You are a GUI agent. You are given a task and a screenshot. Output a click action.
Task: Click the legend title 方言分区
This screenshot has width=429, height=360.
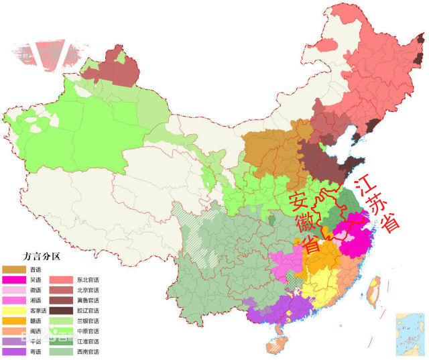(42, 257)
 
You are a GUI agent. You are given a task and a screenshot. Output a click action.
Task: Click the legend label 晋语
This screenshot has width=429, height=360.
(35, 269)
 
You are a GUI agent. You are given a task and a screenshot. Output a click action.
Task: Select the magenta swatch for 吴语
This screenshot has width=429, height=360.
(13, 280)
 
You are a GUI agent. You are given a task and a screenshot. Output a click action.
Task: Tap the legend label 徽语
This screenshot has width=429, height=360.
(35, 290)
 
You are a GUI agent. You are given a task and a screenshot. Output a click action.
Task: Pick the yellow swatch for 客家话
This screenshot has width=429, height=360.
(13, 310)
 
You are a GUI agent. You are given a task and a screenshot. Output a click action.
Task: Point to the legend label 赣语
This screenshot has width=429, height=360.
(35, 321)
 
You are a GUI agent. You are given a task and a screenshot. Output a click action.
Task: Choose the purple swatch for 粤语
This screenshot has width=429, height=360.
(13, 352)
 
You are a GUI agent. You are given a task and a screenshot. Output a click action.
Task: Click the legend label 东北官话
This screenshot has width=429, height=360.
(87, 280)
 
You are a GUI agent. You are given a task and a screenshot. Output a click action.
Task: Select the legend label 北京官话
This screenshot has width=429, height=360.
(87, 290)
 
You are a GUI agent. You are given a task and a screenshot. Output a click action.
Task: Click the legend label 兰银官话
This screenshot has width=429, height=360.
(87, 321)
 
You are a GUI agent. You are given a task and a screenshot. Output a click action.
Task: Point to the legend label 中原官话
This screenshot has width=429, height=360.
(87, 331)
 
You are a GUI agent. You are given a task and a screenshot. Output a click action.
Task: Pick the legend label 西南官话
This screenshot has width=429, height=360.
(87, 352)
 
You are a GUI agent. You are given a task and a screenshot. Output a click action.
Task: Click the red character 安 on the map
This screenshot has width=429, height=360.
(298, 200)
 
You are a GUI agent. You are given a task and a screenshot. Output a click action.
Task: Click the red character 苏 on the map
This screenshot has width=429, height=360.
(379, 204)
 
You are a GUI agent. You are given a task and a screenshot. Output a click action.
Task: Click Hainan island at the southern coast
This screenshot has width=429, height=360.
(275, 345)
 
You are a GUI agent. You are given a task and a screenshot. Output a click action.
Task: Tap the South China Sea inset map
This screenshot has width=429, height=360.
(410, 331)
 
